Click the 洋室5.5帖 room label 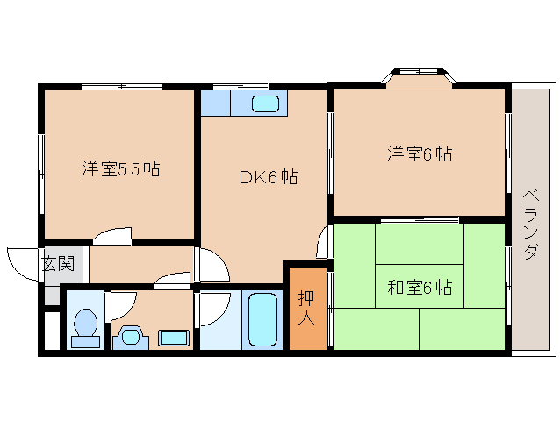pyautogui.click(x=121, y=169)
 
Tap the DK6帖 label pyautogui.click(x=268, y=178)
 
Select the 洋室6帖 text pyautogui.click(x=420, y=154)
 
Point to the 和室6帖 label pyautogui.click(x=420, y=287)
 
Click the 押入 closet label pyautogui.click(x=306, y=307)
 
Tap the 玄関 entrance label pyautogui.click(x=52, y=261)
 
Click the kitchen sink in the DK pyautogui.click(x=267, y=103)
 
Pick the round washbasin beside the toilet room pyautogui.click(x=131, y=335)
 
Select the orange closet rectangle pyautogui.click(x=306, y=307)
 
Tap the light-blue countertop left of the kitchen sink pyautogui.click(x=215, y=103)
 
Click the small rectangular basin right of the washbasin pyautogui.click(x=173, y=336)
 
